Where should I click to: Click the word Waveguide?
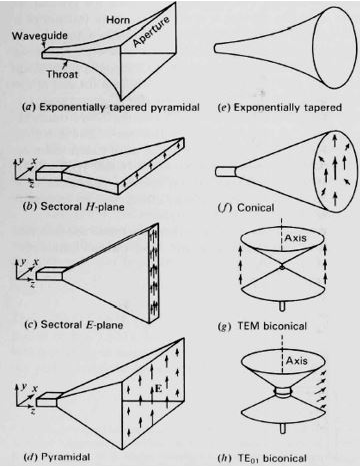coord(40,36)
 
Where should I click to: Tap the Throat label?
coord(62,74)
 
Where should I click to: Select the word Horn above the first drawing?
coord(118,20)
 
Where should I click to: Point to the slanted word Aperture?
coord(151,31)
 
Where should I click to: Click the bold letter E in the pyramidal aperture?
coord(159,389)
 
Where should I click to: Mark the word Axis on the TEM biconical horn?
coord(296,238)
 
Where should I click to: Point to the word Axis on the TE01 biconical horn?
coord(297,361)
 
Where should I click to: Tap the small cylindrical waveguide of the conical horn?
coord(226,172)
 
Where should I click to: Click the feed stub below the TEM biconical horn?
coord(282,306)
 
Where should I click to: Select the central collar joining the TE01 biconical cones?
coord(283,392)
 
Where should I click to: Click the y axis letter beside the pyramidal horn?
coord(23,386)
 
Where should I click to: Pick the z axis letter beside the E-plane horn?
coord(32,284)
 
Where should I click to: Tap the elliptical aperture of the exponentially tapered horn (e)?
coord(334,48)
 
